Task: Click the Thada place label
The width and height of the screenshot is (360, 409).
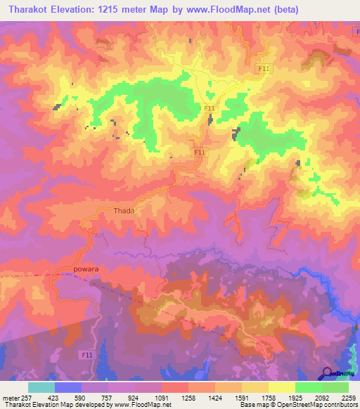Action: pos(124,210)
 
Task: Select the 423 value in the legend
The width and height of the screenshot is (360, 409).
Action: pos(54,397)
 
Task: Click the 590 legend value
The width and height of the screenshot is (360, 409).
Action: pos(82,397)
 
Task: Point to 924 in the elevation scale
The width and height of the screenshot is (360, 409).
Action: pos(136,397)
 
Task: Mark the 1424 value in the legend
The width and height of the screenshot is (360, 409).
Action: pos(216,397)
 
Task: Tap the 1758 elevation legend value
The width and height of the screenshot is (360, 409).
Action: pos(269,397)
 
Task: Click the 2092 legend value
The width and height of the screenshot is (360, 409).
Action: pos(323,397)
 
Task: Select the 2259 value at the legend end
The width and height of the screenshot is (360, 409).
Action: pos(349,397)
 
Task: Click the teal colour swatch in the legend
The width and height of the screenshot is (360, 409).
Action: pos(41,387)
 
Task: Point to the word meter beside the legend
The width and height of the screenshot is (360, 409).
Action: pos(7,397)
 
